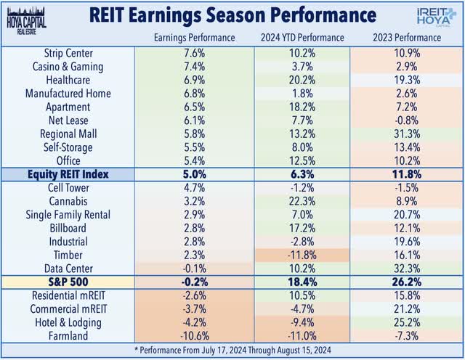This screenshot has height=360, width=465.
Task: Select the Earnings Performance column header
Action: [x=193, y=37]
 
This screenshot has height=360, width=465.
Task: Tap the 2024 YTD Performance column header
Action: [x=302, y=37]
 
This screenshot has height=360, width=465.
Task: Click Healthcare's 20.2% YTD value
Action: [x=302, y=80]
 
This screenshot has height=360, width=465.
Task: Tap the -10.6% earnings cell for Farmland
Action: [x=193, y=336]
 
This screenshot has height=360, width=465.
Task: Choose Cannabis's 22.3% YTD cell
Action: [x=302, y=201]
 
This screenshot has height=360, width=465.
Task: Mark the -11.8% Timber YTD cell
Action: [x=302, y=255]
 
